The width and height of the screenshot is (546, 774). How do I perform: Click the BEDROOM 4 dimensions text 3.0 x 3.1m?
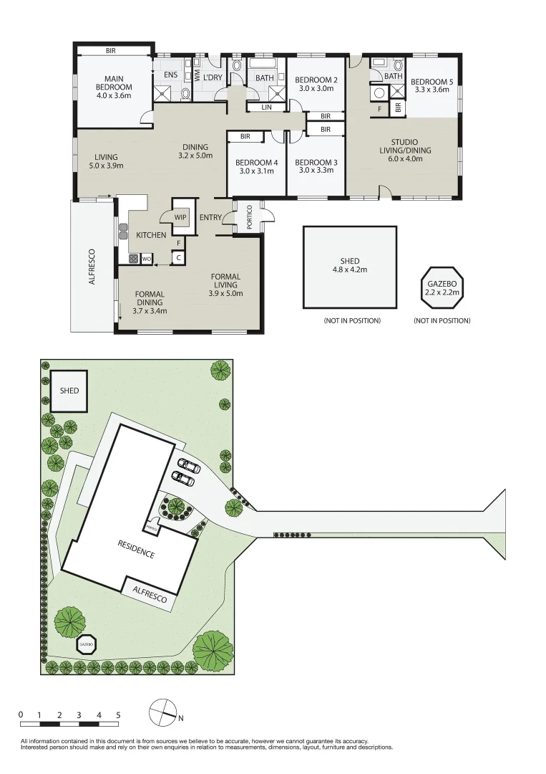pyautogui.click(x=255, y=171)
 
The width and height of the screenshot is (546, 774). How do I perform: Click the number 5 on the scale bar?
pyautogui.click(x=118, y=715)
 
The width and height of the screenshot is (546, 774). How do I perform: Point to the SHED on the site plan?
pyautogui.click(x=69, y=391)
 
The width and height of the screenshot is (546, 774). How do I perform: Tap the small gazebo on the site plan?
pyautogui.click(x=87, y=645)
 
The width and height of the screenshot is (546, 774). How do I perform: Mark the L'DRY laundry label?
pyautogui.click(x=213, y=78)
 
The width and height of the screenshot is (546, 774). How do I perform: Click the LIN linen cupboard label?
pyautogui.click(x=266, y=107)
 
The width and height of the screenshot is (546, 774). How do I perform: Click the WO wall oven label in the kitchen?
pyautogui.click(x=146, y=259)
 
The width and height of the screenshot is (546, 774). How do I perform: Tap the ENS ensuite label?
pyautogui.click(x=170, y=75)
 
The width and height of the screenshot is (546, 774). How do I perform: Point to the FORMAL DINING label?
pyautogui.click(x=150, y=302)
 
